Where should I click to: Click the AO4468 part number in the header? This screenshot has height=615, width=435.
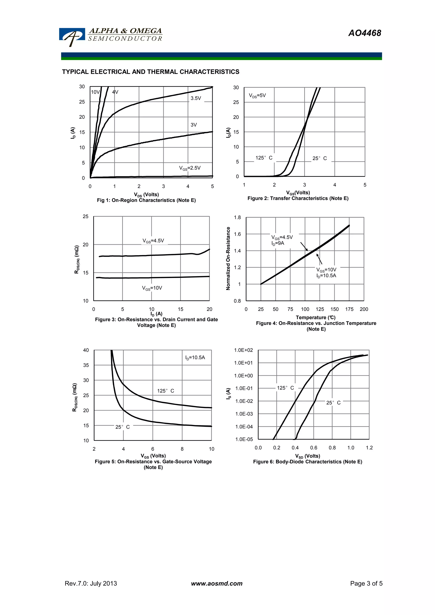pos(364,33)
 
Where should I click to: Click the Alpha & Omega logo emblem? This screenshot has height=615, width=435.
pos(72,37)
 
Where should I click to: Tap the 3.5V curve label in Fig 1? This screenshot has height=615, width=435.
pos(196,98)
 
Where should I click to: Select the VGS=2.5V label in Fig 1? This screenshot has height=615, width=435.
pos(190,168)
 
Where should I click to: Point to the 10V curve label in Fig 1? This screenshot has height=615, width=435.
pos(95,92)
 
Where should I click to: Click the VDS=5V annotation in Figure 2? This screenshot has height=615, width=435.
pos(257,96)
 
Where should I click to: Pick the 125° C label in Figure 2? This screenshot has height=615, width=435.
pos(264,158)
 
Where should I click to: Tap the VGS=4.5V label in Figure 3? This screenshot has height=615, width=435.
pos(153,241)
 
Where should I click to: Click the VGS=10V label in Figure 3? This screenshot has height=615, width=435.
pos(152,288)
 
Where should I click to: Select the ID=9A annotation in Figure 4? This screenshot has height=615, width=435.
pos(278,243)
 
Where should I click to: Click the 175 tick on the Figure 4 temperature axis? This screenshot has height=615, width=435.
pos(349,309)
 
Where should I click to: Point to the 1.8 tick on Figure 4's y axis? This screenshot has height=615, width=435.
pos(237,217)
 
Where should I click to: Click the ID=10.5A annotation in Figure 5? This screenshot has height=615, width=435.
pos(195,358)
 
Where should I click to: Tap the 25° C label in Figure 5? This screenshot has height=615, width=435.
pos(123,427)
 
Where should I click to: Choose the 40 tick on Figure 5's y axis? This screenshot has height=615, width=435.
pos(86,350)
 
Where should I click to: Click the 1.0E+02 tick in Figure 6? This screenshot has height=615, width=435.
pos(243,350)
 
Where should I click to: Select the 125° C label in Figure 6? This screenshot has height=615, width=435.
pos(285,388)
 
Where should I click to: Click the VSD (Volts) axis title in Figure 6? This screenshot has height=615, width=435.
pos(307,456)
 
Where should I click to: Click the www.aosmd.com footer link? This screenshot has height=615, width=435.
pos(217,583)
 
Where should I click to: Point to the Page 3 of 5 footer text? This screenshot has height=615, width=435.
pos(366,583)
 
